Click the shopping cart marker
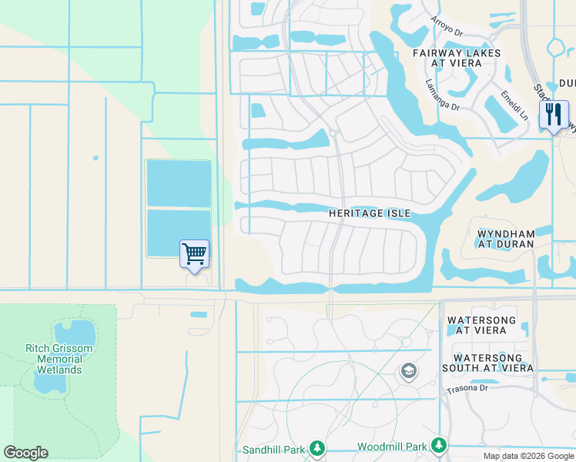coord(194,254)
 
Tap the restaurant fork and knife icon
coord(554,115)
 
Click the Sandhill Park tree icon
coord(316,448)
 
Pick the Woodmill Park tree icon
coord(438,446)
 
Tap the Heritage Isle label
coord(370,213)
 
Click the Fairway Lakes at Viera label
coord(457,59)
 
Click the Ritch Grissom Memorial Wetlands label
coord(59,360)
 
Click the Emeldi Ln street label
coord(514,105)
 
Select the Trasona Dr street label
coord(467,390)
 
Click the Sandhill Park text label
coord(274,449)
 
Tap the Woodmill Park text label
coord(392,447)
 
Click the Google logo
coord(25,453)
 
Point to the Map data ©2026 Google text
coord(528,456)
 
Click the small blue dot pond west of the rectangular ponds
coord(95,158)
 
